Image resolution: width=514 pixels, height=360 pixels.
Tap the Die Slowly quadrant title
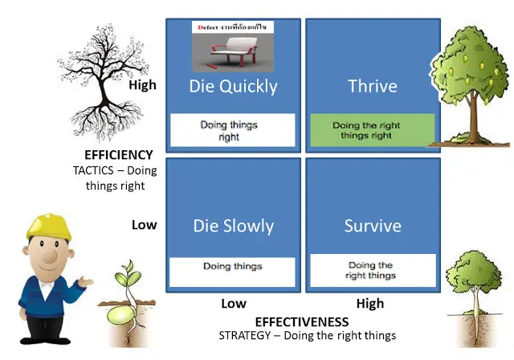click(233, 226)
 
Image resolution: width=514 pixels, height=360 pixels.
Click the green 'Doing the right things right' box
click(372, 130)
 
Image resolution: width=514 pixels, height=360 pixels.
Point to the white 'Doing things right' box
click(233, 130)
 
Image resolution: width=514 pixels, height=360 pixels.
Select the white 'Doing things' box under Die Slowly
click(233, 267)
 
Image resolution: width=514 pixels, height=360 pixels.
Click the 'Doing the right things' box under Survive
click(372, 271)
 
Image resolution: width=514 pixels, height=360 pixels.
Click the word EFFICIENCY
click(118, 154)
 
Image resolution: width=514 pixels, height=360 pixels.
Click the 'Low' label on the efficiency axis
click(145, 225)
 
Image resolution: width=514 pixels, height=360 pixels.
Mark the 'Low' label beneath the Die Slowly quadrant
click(233, 304)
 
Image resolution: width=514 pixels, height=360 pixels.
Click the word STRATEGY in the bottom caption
click(245, 336)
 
